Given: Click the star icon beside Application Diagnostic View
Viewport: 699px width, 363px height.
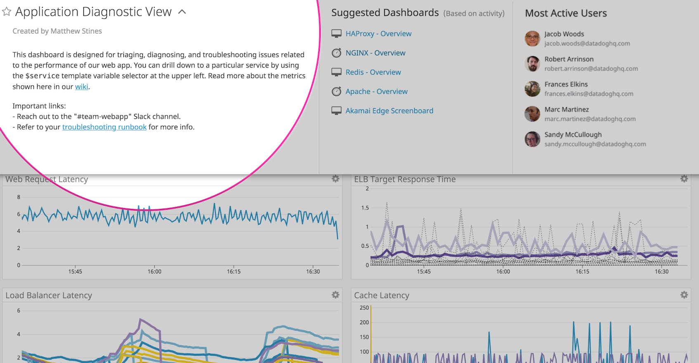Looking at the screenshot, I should coord(7,12).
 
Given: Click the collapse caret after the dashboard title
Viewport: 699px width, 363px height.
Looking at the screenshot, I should coord(182,12).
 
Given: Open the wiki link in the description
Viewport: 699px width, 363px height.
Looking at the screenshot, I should coord(81,87).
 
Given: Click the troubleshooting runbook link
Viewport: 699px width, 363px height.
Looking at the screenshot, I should coord(104,127).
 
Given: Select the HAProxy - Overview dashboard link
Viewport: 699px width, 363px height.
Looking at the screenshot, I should coord(378,34).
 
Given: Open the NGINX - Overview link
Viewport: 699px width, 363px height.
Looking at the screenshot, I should coord(375,53).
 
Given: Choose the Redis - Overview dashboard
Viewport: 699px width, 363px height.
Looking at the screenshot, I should coord(373,72).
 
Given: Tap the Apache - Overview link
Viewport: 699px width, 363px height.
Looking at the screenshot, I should coord(376,92).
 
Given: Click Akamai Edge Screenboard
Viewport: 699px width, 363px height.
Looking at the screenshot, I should coord(389,111).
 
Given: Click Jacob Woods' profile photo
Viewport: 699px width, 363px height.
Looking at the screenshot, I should coord(532,38).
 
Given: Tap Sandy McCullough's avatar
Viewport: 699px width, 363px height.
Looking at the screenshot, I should coord(532,139).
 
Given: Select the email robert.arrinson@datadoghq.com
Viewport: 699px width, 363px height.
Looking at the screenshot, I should coord(591,69).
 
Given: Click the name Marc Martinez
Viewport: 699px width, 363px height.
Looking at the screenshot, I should coord(567,109).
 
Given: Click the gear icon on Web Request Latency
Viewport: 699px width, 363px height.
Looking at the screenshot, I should coord(335,179).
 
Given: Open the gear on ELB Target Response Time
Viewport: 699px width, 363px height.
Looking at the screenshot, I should coord(684,179).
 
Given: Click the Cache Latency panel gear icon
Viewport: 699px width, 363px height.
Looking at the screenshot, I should coord(684,295).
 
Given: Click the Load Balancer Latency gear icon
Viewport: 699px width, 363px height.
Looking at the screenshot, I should coord(335,295).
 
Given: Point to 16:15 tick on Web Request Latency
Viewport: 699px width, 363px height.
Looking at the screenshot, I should coord(234,271).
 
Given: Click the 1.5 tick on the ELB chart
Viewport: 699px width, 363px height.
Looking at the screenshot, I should coord(365,208).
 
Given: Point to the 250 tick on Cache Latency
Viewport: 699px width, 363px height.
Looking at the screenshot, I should coord(364,308).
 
